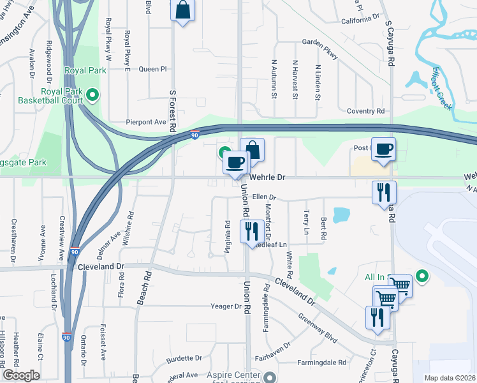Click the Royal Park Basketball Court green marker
pyautogui.click(x=92, y=96)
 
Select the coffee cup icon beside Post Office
pyautogui.click(x=383, y=150)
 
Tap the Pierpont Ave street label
pyautogui.click(x=146, y=122)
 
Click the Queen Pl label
pyautogui.click(x=152, y=69)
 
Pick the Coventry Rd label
pyautogui.click(x=365, y=111)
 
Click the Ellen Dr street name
pyautogui.click(x=263, y=198)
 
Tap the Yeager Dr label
pyautogui.click(x=226, y=306)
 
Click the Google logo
pyautogui.click(x=21, y=375)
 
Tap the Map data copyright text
pyautogui.click(x=450, y=378)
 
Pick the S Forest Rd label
pyautogui.click(x=173, y=110)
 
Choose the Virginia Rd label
pyautogui.click(x=227, y=237)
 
